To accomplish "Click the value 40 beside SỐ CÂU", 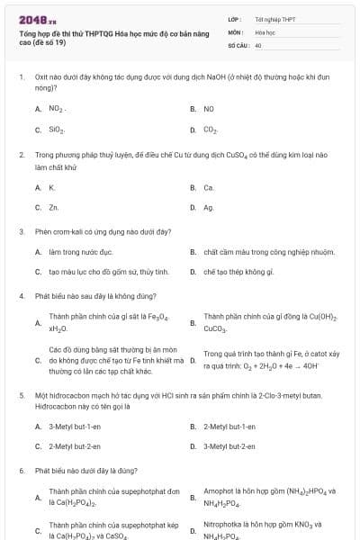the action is [258, 44].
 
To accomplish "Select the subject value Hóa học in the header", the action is [265, 31].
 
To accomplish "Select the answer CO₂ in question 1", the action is [211, 130].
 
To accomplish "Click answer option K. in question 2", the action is [52, 187].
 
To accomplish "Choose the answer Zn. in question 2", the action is [54, 208].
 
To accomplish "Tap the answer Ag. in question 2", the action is [209, 208].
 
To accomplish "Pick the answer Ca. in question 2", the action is [209, 187].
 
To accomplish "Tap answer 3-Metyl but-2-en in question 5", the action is [230, 445].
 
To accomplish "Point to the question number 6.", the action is [22, 470].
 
